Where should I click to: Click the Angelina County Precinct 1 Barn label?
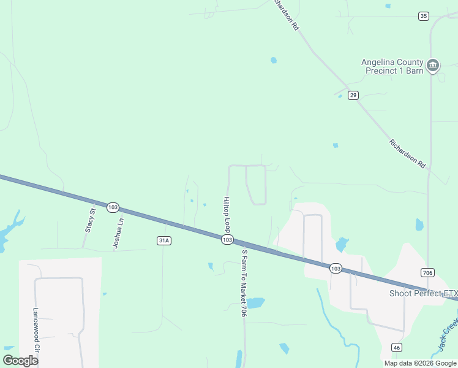click(x=392, y=66)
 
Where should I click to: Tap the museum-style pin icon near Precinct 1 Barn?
click(x=433, y=65)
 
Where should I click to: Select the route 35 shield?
click(x=424, y=16)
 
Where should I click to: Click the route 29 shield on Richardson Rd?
click(x=353, y=95)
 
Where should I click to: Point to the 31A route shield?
click(x=163, y=240)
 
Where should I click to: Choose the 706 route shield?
click(x=428, y=272)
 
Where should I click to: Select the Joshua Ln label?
click(x=118, y=233)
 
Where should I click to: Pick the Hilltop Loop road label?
click(x=227, y=214)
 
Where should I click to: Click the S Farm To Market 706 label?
click(x=244, y=282)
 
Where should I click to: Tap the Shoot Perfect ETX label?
click(x=424, y=293)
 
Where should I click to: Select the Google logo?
click(x=20, y=360)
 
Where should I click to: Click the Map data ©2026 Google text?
click(x=421, y=363)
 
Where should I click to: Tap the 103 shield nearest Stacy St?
click(x=112, y=207)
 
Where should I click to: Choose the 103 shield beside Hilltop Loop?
click(x=227, y=239)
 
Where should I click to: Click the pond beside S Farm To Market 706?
click(x=255, y=303)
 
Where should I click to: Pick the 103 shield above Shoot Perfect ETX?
click(x=335, y=268)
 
